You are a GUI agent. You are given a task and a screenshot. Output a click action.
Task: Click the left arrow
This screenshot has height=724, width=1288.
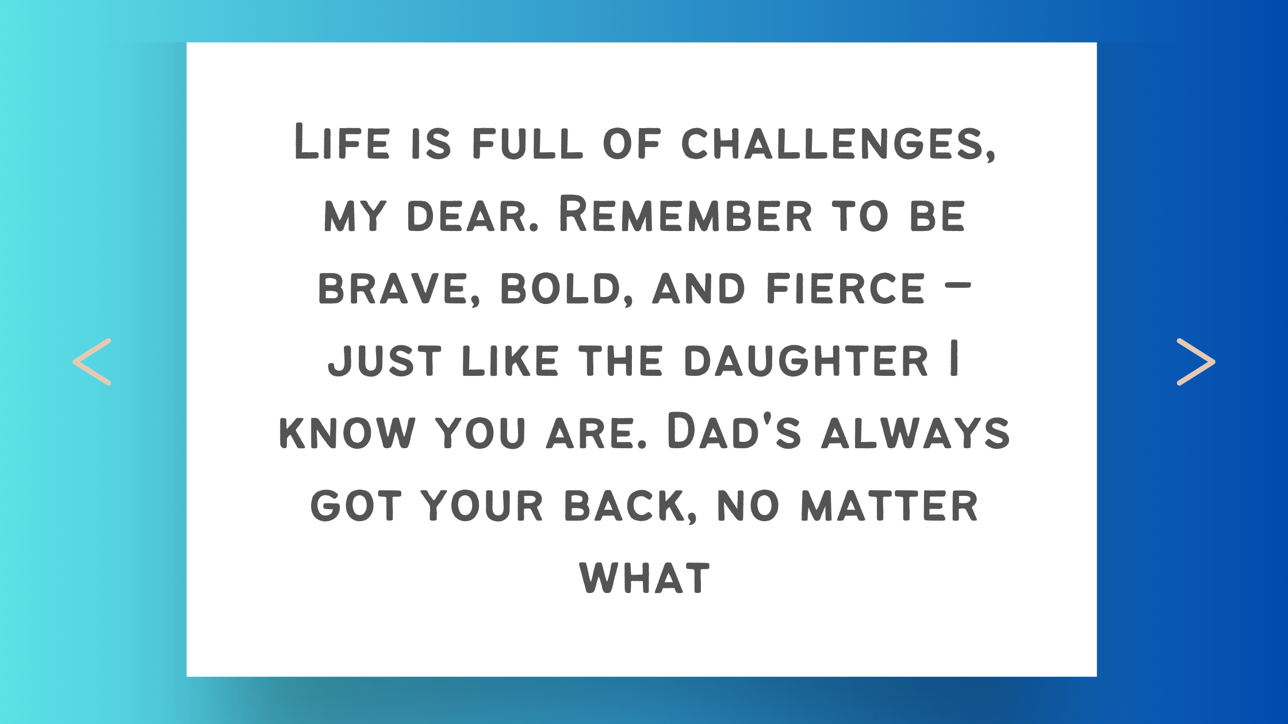point(92,361)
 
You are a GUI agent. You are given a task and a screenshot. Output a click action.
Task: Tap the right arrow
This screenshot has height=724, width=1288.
point(1196,361)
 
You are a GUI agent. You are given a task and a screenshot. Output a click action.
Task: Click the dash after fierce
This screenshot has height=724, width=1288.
point(958,284)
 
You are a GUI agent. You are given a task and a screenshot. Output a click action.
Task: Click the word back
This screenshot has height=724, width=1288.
point(630,506)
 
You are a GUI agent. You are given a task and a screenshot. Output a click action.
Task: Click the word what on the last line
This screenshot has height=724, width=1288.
point(645,578)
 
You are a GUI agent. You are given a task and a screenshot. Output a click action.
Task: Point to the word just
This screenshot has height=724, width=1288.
point(385,361)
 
